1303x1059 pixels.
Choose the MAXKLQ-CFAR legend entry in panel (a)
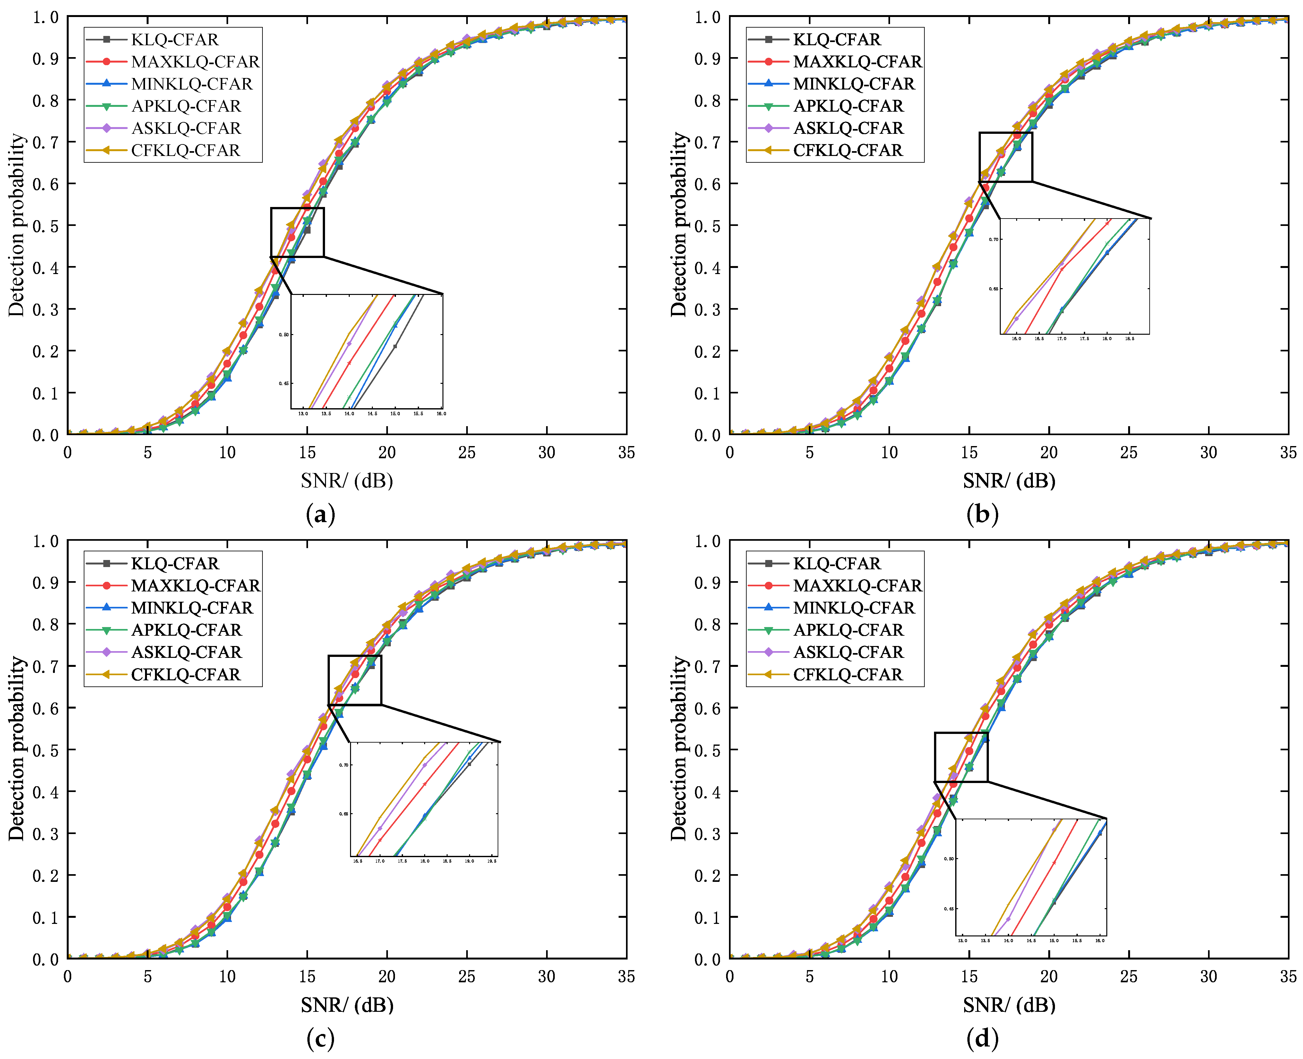[x=194, y=62]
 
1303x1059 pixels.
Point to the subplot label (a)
[x=320, y=514]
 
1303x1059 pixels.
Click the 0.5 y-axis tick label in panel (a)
[x=45, y=226]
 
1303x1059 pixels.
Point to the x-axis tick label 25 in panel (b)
[x=1128, y=452]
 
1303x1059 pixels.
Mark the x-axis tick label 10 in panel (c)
[x=227, y=977]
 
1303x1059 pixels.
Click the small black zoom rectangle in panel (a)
[x=297, y=232]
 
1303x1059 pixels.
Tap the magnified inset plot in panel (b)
[x=1075, y=276]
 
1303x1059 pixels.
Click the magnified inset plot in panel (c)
[x=424, y=799]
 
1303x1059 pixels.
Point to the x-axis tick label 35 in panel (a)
[x=626, y=452]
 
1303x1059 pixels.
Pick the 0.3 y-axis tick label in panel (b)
[x=707, y=309]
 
